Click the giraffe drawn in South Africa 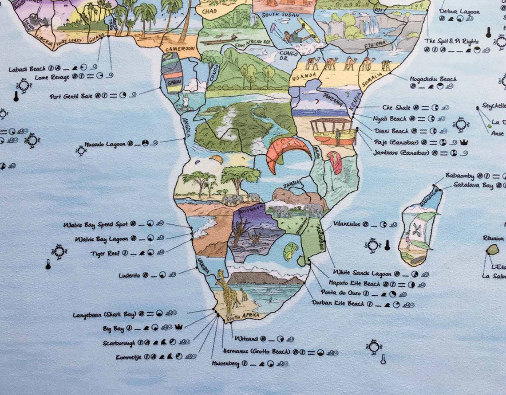(224, 290)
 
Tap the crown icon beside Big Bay (178, 327)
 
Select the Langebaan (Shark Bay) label (104, 315)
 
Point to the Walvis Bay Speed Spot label (96, 224)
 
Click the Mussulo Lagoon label (105, 144)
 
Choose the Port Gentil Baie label (71, 96)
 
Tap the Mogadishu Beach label (433, 79)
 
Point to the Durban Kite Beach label (338, 304)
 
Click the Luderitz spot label (129, 275)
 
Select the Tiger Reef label (105, 253)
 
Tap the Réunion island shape (492, 250)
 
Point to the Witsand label (246, 339)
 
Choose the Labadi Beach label (27, 69)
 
